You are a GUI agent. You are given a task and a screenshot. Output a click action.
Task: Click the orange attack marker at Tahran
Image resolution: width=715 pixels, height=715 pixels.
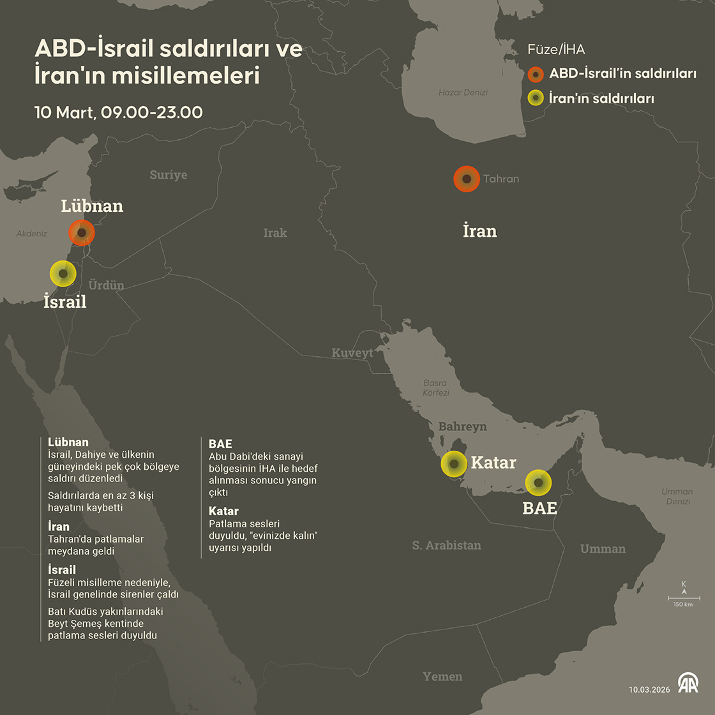(467, 179)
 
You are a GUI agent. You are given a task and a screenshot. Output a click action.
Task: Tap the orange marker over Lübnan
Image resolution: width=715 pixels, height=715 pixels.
(82, 232)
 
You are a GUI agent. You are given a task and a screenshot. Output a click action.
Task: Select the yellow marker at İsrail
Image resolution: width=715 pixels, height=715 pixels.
(63, 274)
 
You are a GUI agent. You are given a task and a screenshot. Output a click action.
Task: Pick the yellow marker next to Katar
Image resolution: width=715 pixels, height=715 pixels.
(454, 463)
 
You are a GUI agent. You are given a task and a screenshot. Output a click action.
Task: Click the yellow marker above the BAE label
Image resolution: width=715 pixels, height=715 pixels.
(538, 483)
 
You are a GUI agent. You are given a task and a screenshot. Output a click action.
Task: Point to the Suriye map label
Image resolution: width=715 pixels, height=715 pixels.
(169, 175)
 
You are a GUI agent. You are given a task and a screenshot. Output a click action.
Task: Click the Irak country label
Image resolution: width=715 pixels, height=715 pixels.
(275, 233)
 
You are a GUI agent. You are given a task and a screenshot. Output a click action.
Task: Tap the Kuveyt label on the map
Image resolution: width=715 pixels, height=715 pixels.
(352, 353)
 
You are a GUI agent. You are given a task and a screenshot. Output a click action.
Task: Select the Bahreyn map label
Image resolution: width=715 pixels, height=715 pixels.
(462, 426)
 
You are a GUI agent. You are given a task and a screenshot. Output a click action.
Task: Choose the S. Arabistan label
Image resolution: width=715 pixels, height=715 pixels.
(446, 545)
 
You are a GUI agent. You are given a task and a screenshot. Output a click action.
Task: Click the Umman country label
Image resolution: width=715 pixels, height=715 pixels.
(603, 548)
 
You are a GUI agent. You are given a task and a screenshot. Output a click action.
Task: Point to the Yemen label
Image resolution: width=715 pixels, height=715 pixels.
(442, 677)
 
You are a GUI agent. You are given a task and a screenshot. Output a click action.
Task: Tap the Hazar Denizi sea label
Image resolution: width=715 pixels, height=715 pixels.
(463, 93)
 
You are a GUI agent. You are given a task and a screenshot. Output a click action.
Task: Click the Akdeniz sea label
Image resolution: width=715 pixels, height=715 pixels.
(32, 234)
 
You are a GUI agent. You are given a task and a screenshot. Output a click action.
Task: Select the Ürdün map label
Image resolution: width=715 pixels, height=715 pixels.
(106, 285)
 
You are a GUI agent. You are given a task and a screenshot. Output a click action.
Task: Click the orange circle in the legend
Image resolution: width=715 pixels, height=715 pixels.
(536, 74)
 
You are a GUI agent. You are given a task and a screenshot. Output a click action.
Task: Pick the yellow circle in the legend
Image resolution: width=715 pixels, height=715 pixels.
(536, 98)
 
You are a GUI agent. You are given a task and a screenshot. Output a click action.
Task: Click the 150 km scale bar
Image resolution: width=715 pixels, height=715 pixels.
(684, 599)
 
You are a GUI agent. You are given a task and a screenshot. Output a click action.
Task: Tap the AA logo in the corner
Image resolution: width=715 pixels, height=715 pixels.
(688, 684)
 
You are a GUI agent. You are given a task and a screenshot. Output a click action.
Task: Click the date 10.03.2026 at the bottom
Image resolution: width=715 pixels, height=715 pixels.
(649, 689)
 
